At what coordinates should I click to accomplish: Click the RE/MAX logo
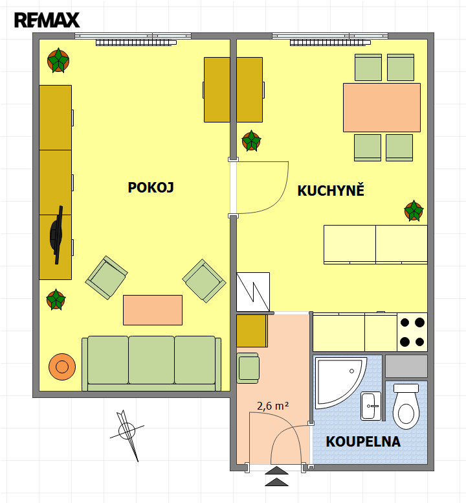[47, 20]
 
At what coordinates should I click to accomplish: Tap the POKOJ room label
[151, 187]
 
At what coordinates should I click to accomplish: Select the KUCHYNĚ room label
[331, 190]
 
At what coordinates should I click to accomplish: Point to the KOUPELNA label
[363, 441]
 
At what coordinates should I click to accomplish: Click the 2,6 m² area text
[273, 406]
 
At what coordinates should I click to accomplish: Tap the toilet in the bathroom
[406, 406]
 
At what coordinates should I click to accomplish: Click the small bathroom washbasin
[371, 406]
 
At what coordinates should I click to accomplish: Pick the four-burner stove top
[412, 332]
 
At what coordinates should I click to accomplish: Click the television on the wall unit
[56, 235]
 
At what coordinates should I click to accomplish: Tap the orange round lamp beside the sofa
[62, 367]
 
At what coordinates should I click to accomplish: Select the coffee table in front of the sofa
[153, 310]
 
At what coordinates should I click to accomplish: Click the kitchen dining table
[382, 108]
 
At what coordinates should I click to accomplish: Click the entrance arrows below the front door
[277, 476]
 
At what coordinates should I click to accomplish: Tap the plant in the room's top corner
[58, 60]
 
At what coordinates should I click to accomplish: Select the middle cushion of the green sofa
[151, 360]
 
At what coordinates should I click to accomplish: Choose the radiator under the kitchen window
[330, 43]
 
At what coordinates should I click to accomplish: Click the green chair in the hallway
[248, 368]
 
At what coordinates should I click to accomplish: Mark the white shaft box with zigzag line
[253, 292]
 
